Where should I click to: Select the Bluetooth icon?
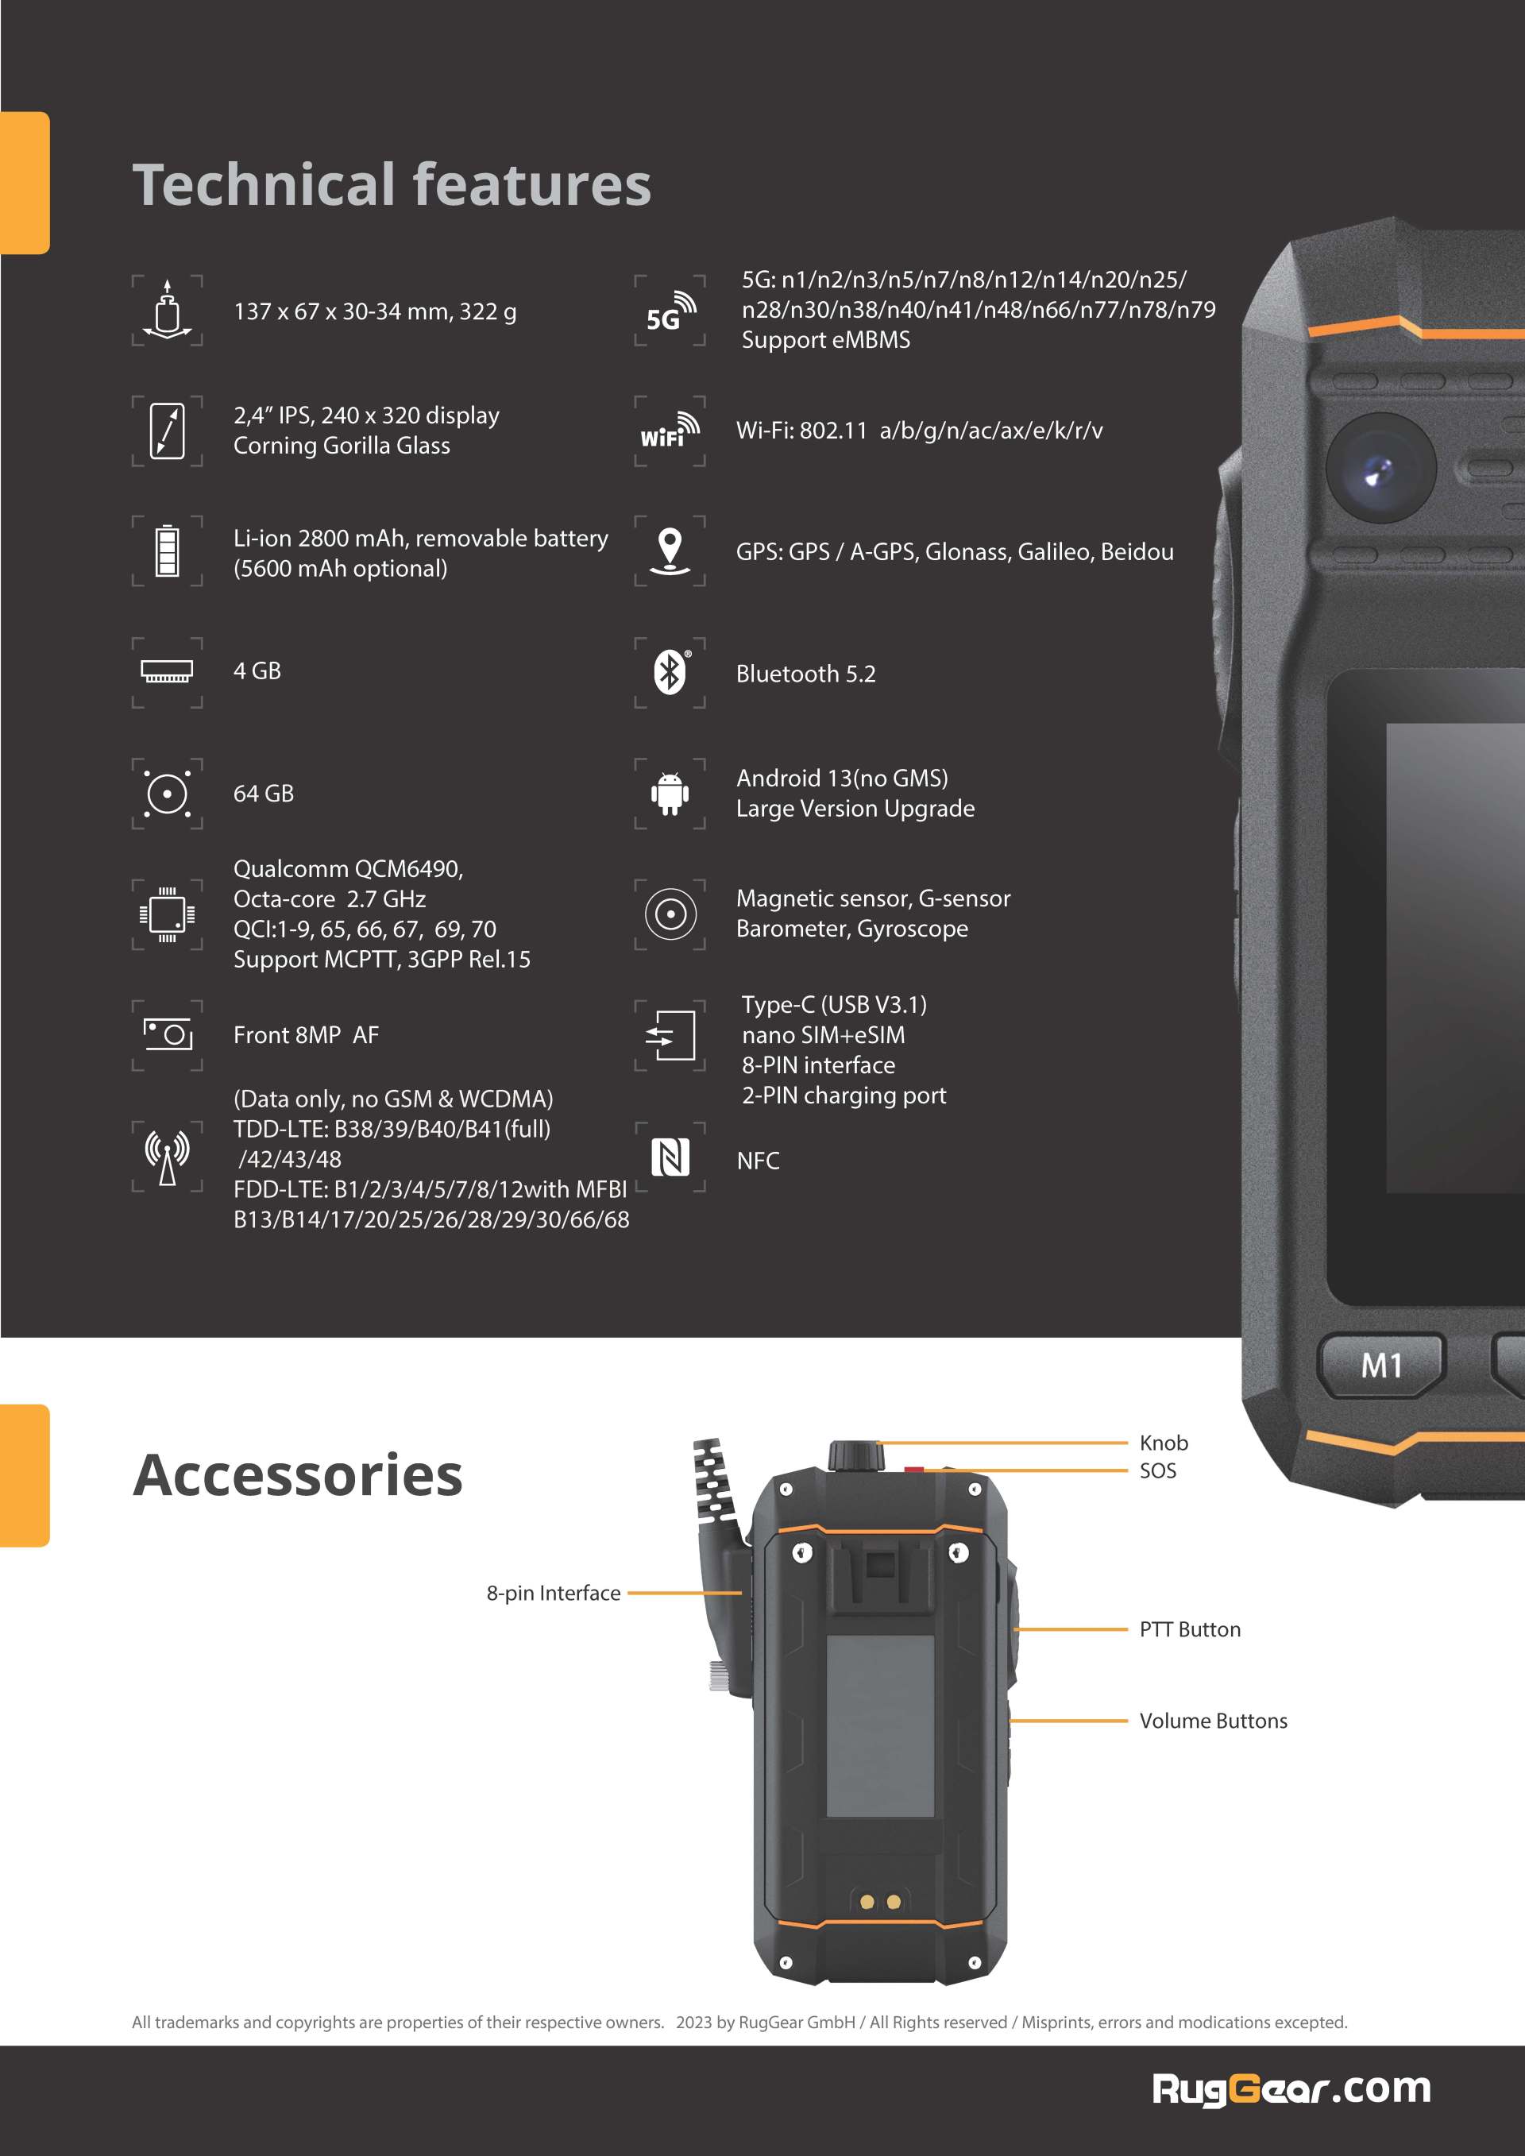click(x=670, y=671)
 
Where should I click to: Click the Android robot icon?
click(x=670, y=794)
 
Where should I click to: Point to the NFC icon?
click(x=670, y=1157)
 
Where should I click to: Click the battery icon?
click(x=167, y=551)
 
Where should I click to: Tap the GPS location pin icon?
click(x=670, y=551)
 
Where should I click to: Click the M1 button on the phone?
click(x=1380, y=1365)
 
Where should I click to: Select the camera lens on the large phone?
click(x=1380, y=469)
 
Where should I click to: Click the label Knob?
click(x=1164, y=1443)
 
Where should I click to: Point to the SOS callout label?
click(x=1158, y=1470)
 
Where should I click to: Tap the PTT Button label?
click(x=1190, y=1629)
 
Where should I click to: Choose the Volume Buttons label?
click(x=1213, y=1721)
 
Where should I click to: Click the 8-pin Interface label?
click(x=553, y=1593)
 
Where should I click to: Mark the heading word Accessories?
click(x=298, y=1475)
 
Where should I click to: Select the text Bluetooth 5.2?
click(x=805, y=674)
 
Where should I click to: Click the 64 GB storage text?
click(x=264, y=794)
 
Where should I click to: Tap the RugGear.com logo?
click(x=1291, y=2088)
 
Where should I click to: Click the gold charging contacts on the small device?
click(x=880, y=1902)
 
